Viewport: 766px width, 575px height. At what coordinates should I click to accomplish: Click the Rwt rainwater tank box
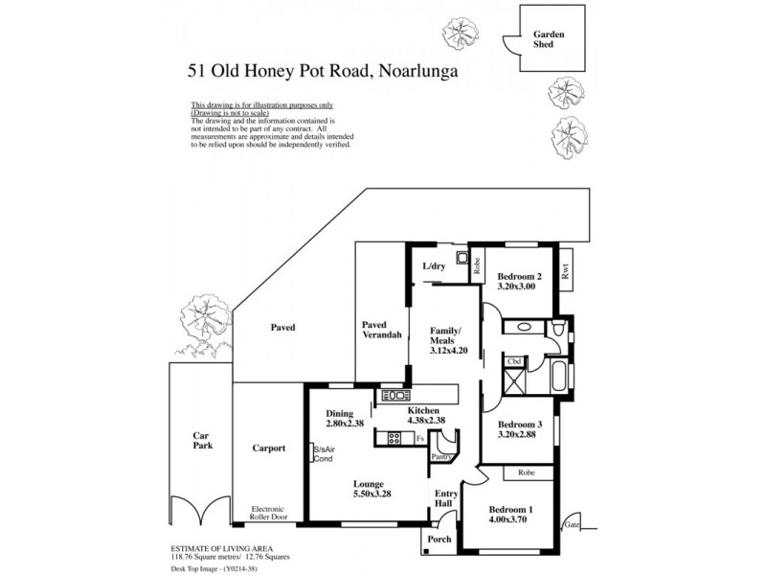click(x=565, y=270)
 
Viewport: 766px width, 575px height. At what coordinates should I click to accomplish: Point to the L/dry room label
click(x=436, y=266)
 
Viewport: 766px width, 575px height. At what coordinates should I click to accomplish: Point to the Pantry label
click(x=440, y=457)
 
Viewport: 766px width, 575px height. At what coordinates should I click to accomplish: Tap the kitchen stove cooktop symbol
click(x=394, y=439)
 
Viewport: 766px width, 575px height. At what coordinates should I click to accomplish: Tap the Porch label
click(x=439, y=540)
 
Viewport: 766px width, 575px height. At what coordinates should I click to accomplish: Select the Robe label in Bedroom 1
click(x=525, y=472)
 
